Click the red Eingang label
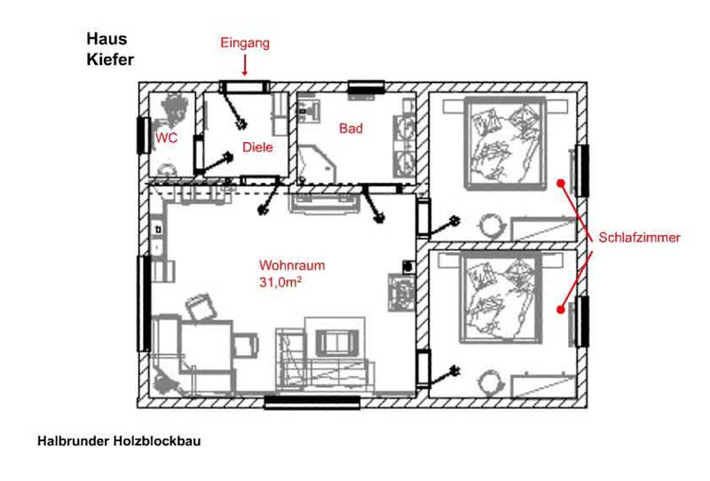(245, 43)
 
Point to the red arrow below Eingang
(245, 65)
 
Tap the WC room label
(166, 138)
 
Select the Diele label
(257, 147)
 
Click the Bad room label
(351, 129)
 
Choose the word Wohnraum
(292, 265)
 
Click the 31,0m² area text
(280, 282)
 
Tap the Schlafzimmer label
(639, 237)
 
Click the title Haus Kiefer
(110, 49)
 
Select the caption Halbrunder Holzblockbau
(119, 441)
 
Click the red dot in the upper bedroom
(561, 183)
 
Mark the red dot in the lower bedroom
(561, 310)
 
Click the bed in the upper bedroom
(505, 143)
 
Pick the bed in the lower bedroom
(501, 298)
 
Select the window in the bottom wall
(312, 402)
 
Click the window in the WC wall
(144, 135)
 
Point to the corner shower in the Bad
(317, 164)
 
